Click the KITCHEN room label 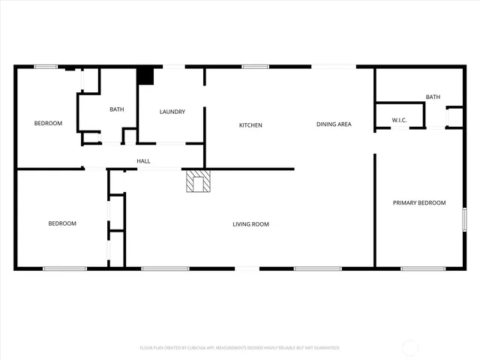(x=250, y=125)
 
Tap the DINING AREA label (x=334, y=124)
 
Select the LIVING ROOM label (x=250, y=224)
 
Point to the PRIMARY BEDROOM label (x=420, y=203)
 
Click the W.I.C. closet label (x=399, y=121)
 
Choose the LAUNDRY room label (x=172, y=112)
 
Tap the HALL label (x=143, y=161)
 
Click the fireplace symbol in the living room (x=199, y=181)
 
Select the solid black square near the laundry (x=145, y=76)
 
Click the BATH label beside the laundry (x=117, y=110)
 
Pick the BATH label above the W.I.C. (x=433, y=97)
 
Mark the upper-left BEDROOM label (x=48, y=123)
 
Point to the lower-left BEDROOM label (x=62, y=223)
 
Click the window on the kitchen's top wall (x=255, y=67)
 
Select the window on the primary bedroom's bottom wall (x=423, y=268)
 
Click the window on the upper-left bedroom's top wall (x=46, y=67)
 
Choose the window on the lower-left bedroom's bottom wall (x=64, y=268)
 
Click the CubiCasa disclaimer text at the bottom (x=240, y=348)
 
